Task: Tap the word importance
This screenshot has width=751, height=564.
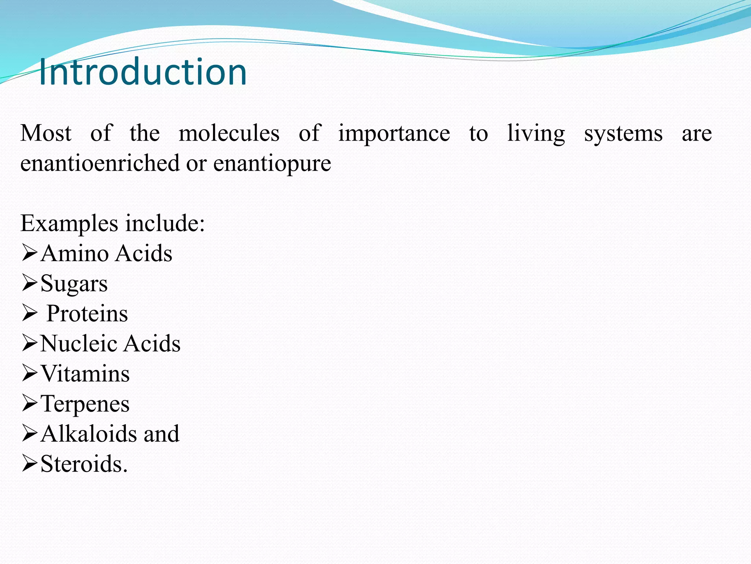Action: pos(394,134)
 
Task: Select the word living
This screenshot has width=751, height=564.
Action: pos(536,134)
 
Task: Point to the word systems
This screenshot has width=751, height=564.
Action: pos(623,134)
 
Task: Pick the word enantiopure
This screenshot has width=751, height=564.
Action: pos(272,164)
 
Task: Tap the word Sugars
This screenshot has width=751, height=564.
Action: pos(74,284)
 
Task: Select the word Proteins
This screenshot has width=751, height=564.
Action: pos(87,314)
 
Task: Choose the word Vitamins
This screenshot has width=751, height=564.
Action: pos(85,374)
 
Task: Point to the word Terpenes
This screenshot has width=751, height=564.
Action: pos(85,404)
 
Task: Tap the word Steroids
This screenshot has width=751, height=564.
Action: pos(84,464)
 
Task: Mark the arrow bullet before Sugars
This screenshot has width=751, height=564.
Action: pos(29,283)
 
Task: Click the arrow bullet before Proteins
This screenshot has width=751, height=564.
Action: pos(29,313)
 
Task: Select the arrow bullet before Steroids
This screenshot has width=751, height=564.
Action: pos(29,463)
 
